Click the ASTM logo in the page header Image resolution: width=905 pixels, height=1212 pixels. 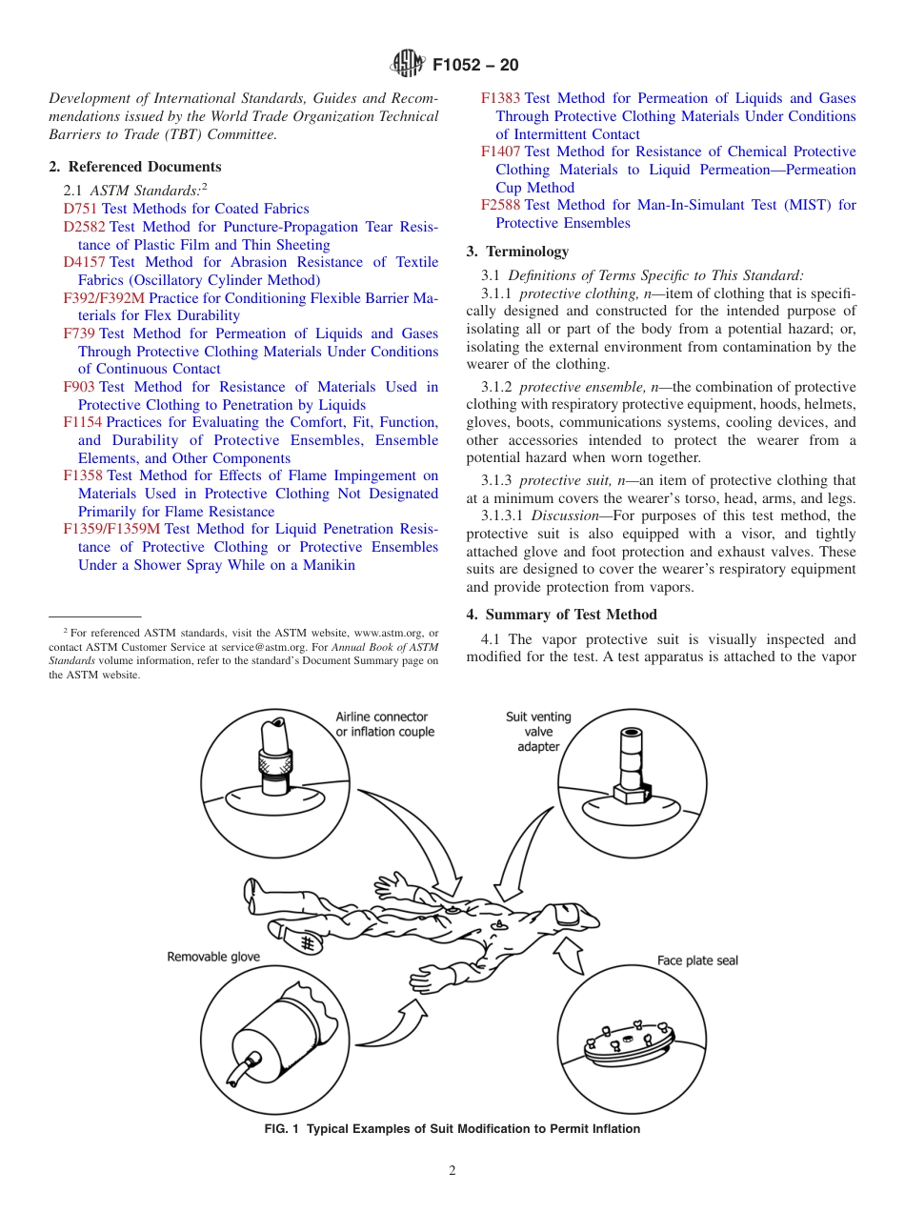[407, 65]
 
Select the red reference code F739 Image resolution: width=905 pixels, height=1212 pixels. [79, 333]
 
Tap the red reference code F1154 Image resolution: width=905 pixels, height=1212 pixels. [83, 422]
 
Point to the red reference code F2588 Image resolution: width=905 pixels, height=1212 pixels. [501, 205]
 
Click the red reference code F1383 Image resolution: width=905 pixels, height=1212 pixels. [501, 98]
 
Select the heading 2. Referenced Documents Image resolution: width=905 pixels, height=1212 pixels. [135, 167]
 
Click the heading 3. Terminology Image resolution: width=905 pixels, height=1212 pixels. [517, 252]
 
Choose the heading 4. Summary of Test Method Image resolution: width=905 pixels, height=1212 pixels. [561, 615]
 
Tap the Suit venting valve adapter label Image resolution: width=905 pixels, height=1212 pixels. [538, 731]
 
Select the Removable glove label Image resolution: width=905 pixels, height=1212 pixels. [213, 957]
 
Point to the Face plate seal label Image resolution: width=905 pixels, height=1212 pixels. [697, 960]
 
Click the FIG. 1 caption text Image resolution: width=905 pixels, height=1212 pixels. [452, 1129]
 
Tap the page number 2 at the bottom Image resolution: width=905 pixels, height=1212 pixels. [452, 1171]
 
